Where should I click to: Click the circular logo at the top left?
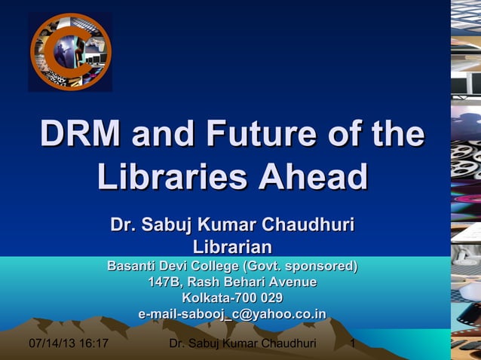pyautogui.click(x=70, y=52)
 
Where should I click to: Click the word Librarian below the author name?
pyautogui.click(x=232, y=246)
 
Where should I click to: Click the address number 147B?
pyautogui.click(x=165, y=282)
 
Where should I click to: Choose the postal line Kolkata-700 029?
pyautogui.click(x=232, y=297)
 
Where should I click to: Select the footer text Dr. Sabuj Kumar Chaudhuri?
pyautogui.click(x=243, y=345)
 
